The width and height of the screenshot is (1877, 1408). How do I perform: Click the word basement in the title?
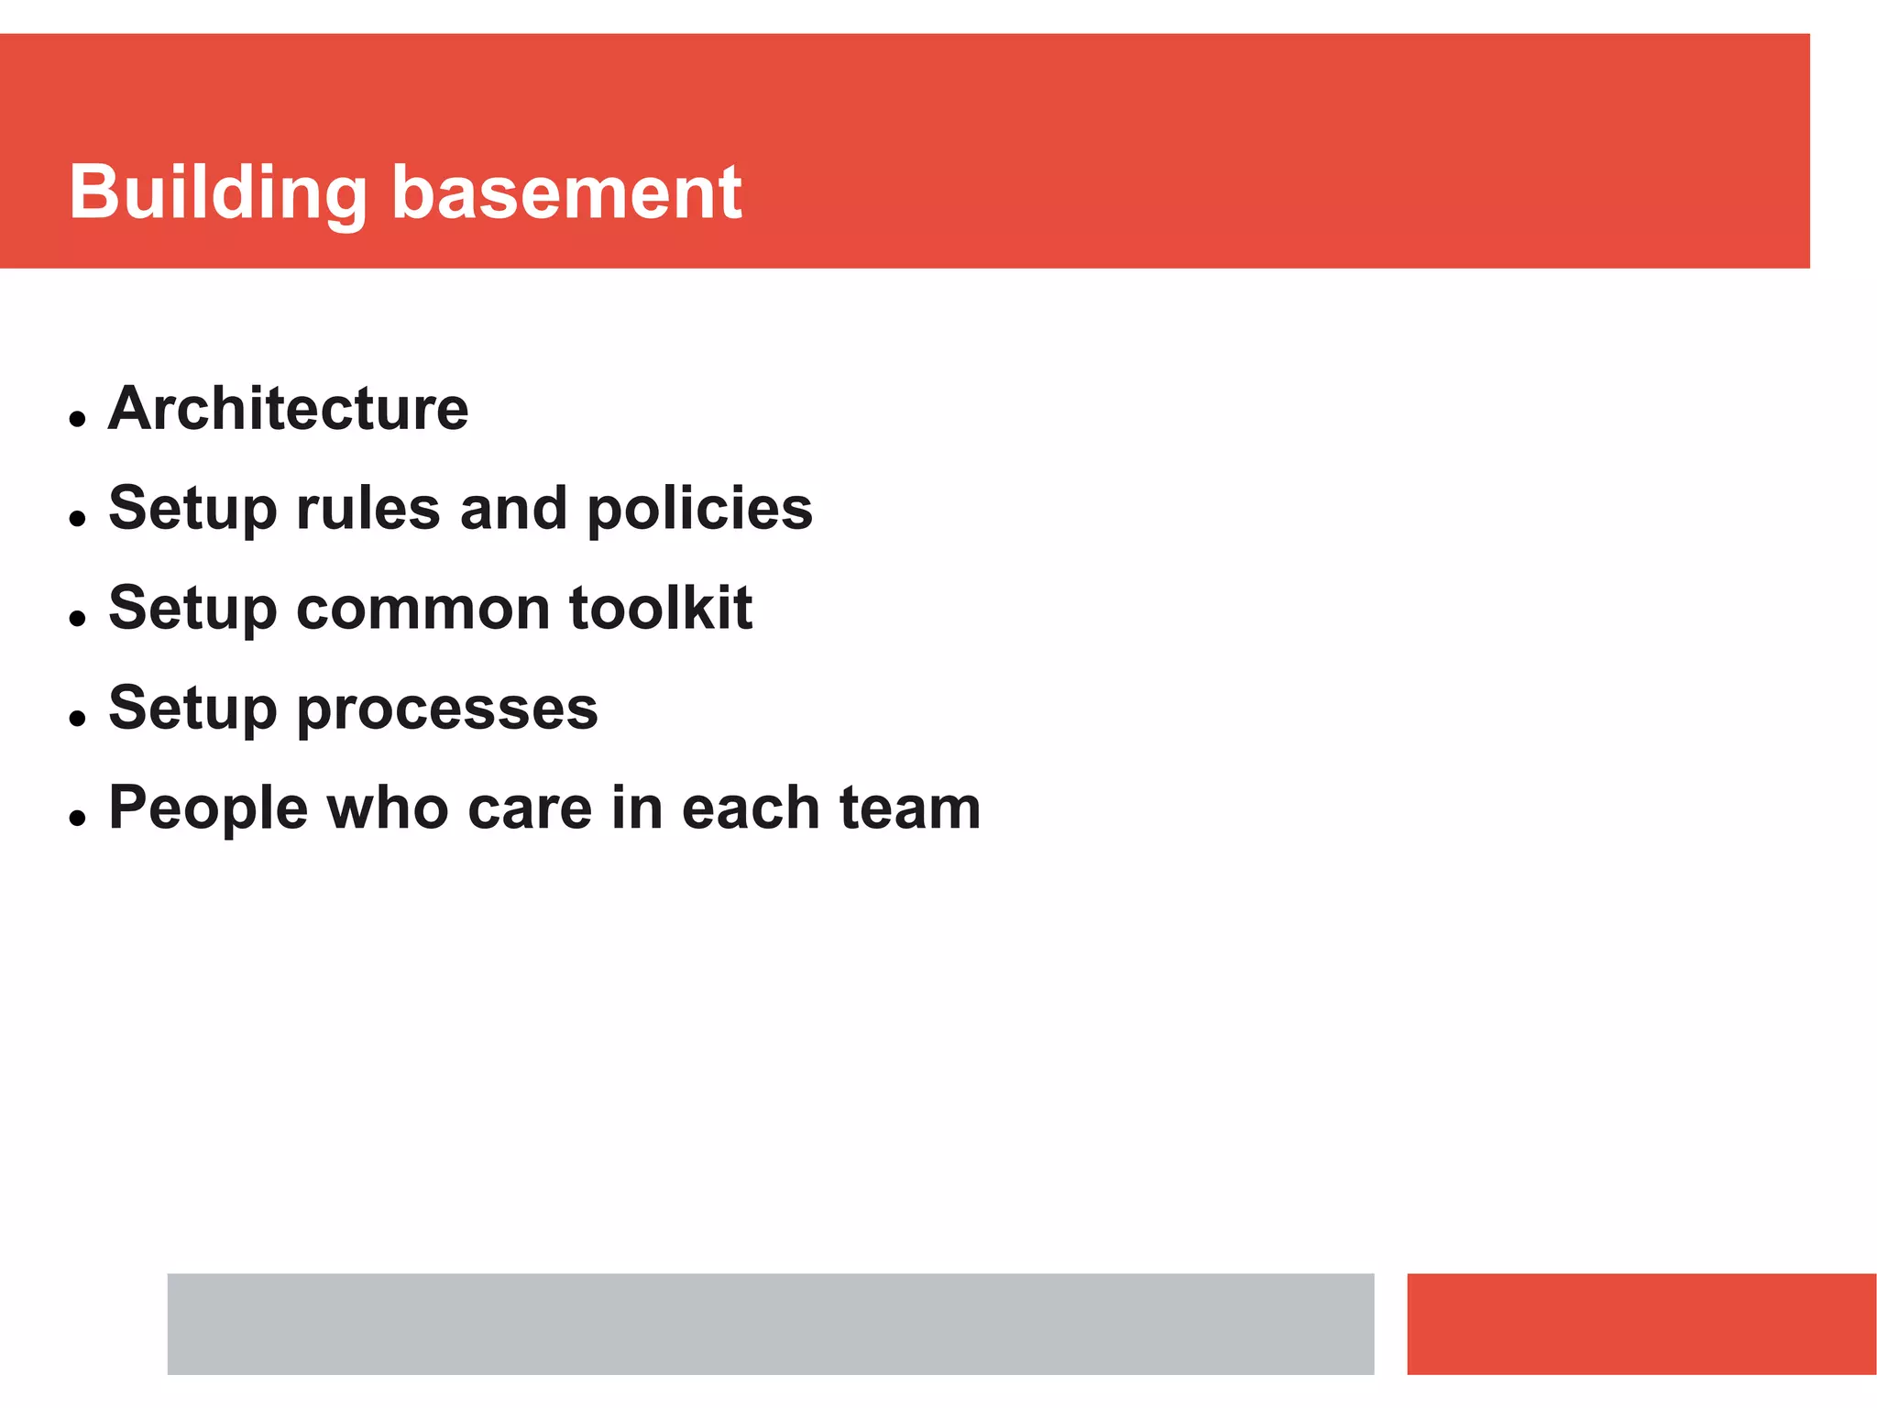point(566,193)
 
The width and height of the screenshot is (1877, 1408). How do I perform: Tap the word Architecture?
point(289,409)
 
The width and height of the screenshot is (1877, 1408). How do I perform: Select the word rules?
point(368,509)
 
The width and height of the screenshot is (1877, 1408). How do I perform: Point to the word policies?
point(699,511)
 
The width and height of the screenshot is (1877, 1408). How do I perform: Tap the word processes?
point(447,710)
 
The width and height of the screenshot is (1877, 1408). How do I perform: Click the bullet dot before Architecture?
point(77,420)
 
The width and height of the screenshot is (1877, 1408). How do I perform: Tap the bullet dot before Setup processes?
point(77,719)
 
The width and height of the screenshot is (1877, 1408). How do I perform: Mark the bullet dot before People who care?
point(77,819)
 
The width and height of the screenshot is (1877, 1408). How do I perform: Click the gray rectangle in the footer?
point(770,1324)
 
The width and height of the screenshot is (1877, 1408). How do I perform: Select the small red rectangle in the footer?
point(1641,1324)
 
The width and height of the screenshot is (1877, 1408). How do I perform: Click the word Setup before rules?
point(192,511)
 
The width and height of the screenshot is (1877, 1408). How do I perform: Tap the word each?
point(751,808)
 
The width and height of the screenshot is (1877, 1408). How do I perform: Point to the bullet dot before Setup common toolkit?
point(77,619)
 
